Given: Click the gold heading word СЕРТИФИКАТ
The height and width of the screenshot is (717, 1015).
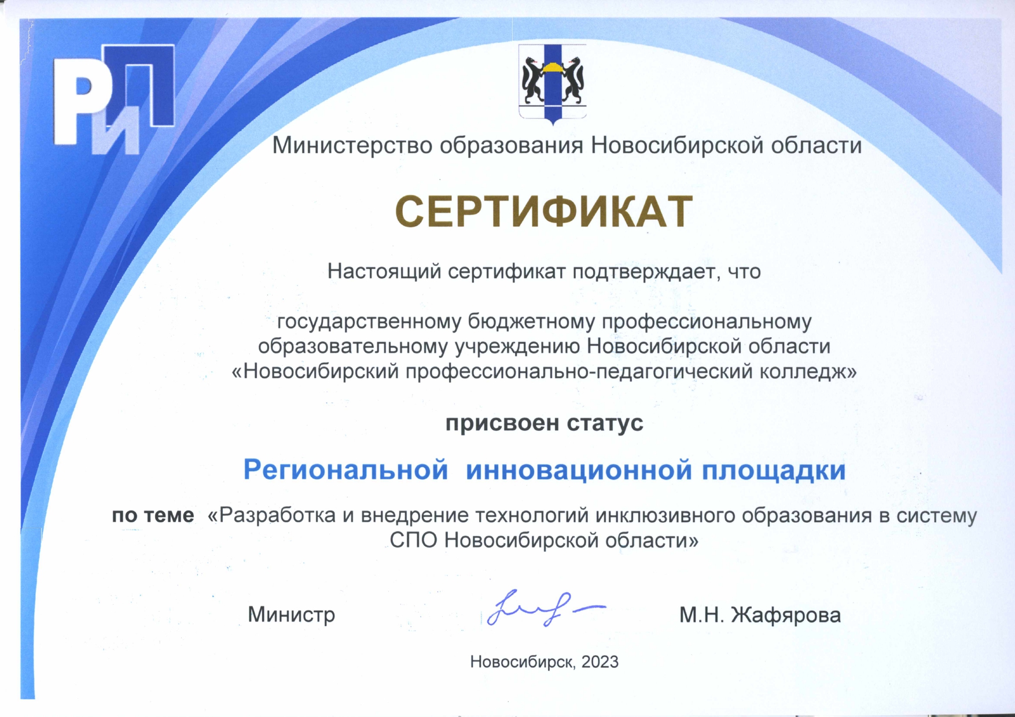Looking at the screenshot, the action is [x=543, y=211].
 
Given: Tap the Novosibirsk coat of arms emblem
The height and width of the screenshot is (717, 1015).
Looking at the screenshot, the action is [x=553, y=84].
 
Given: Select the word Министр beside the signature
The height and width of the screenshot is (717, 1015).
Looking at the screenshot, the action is [x=292, y=614].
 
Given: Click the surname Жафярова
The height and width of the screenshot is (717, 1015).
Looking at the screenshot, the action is [x=786, y=615].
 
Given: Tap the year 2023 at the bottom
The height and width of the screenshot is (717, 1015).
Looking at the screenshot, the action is [x=600, y=661].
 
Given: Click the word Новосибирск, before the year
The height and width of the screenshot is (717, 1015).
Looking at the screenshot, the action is [x=523, y=662].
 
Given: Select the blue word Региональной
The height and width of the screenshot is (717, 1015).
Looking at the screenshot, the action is [x=345, y=470].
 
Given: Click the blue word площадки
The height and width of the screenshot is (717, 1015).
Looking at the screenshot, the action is [x=774, y=471].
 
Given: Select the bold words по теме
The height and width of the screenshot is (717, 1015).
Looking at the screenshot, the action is [x=153, y=515].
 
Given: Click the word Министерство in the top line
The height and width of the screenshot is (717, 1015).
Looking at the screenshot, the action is [x=352, y=145].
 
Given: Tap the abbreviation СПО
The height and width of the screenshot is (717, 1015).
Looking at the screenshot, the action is [x=414, y=540].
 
